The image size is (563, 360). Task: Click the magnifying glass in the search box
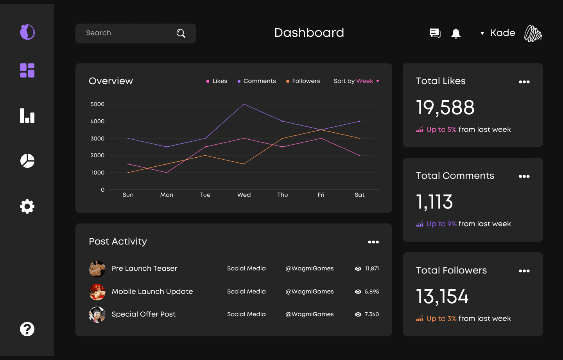(181, 33)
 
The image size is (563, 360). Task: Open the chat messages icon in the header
(435, 33)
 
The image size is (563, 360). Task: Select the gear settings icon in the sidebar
(27, 207)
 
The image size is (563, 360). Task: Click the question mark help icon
(27, 329)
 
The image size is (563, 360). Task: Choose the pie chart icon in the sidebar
(27, 161)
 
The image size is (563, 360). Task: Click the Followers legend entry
(303, 81)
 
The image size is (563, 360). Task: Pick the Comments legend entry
(256, 81)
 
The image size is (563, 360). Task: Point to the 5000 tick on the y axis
(97, 104)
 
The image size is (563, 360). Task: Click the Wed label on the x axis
(244, 195)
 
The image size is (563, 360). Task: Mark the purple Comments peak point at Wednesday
(244, 104)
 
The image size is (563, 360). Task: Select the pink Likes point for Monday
(167, 173)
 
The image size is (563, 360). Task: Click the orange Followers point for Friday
(321, 130)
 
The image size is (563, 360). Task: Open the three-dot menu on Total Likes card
(524, 82)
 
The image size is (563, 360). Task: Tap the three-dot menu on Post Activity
(373, 242)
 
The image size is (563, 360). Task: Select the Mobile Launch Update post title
(152, 291)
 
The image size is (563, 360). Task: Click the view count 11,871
(372, 268)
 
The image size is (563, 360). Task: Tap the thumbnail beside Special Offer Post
(97, 315)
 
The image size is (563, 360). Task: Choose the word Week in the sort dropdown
(365, 81)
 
